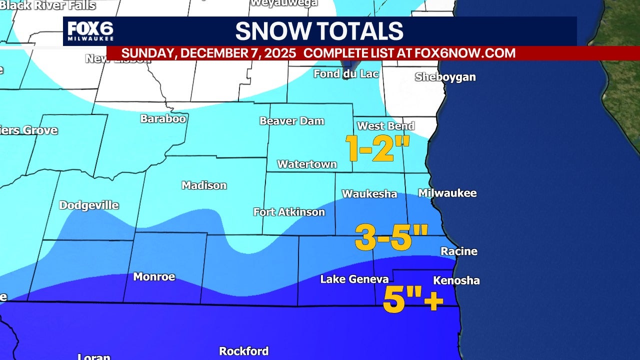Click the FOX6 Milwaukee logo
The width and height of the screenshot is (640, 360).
pyautogui.click(x=90, y=31)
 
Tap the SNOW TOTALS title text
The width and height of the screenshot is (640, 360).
pyautogui.click(x=319, y=31)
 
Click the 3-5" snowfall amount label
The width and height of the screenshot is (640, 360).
pyautogui.click(x=391, y=237)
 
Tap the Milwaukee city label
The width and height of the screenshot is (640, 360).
pyautogui.click(x=447, y=193)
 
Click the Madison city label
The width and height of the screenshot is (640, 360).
pyautogui.click(x=204, y=185)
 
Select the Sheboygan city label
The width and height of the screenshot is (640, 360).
pyautogui.click(x=445, y=77)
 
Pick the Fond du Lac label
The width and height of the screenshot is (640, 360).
pyautogui.click(x=346, y=74)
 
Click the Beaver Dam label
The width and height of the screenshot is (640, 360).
pyautogui.click(x=291, y=121)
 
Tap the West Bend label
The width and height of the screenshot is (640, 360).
pyautogui.click(x=385, y=126)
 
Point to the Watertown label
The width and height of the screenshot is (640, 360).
pyautogui.click(x=307, y=164)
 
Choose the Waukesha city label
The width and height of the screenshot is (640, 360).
pyautogui.click(x=369, y=194)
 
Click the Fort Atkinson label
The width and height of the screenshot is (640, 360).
pyautogui.click(x=289, y=212)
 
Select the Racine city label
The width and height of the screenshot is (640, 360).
pyautogui.click(x=458, y=251)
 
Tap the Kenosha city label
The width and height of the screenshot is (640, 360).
pyautogui.click(x=456, y=280)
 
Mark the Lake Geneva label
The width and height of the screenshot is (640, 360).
pyautogui.click(x=354, y=279)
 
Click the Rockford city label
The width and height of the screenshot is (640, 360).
pyautogui.click(x=243, y=351)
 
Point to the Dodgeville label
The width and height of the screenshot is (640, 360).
pyautogui.click(x=88, y=205)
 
